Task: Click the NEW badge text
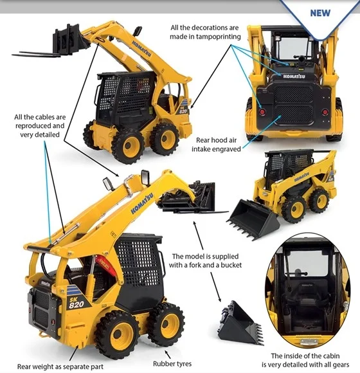[x=320, y=13]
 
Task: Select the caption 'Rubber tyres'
[x=172, y=363]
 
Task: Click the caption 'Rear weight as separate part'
[x=60, y=367]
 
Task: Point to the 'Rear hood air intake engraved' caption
[x=216, y=145]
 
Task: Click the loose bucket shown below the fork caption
[x=240, y=323]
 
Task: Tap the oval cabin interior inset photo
[x=309, y=291]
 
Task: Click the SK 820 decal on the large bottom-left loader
[x=76, y=303]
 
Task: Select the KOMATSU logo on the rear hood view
[x=294, y=77]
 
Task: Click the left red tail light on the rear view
[x=262, y=112]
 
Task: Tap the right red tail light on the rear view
[x=325, y=112]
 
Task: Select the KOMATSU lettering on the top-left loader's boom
[x=141, y=49]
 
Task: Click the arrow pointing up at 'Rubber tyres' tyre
[x=167, y=354]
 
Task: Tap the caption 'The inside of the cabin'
[x=305, y=356]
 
